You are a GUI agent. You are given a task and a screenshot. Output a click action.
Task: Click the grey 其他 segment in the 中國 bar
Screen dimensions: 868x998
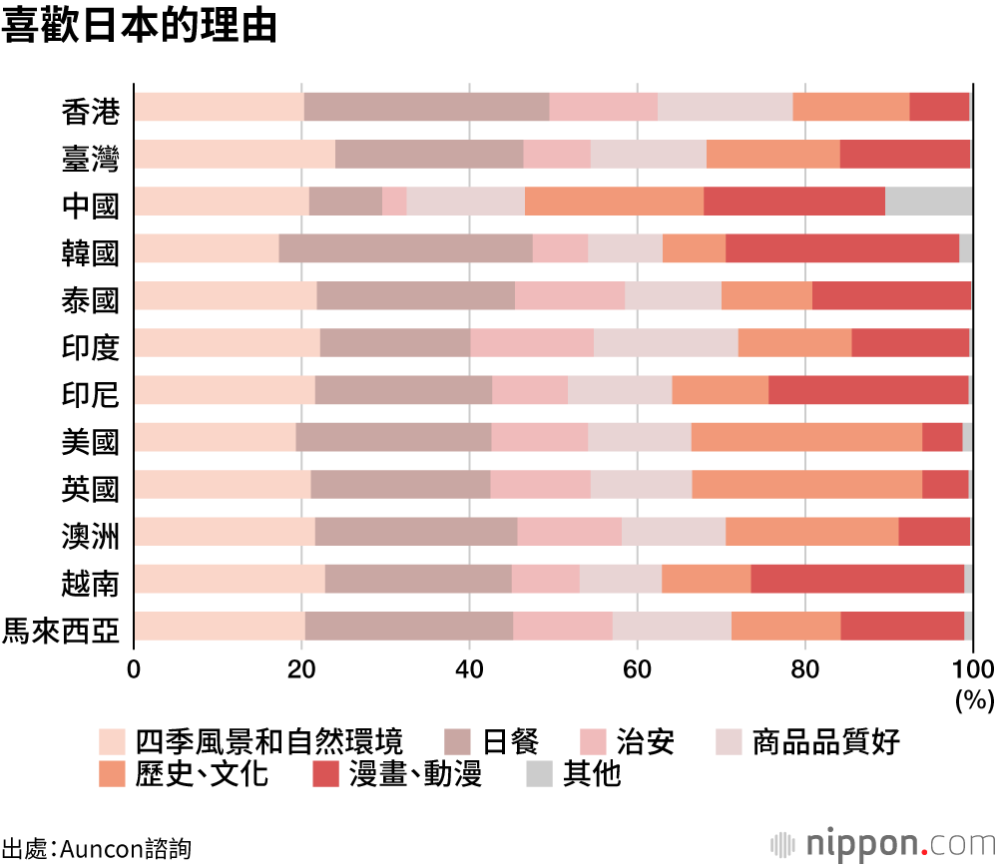928,201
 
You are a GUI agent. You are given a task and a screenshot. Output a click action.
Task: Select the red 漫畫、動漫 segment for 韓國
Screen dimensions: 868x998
841,248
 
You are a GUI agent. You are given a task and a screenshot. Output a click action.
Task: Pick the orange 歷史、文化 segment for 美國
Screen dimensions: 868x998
805,437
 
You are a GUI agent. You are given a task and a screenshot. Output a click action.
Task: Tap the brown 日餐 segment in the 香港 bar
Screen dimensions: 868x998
426,107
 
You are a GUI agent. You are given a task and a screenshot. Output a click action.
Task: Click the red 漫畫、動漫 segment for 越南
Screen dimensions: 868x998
856,579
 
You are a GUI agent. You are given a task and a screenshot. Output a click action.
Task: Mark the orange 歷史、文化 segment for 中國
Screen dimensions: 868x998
614,201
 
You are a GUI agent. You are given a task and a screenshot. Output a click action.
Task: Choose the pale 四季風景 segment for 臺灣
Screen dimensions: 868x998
235,154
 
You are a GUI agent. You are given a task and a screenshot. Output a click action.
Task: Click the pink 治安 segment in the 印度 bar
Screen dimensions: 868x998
531,342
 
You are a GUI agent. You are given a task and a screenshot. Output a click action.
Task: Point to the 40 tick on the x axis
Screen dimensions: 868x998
469,668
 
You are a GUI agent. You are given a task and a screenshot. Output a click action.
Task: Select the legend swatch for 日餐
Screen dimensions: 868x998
456,742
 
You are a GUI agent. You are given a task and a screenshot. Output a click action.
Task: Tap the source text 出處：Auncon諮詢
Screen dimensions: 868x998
96,849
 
